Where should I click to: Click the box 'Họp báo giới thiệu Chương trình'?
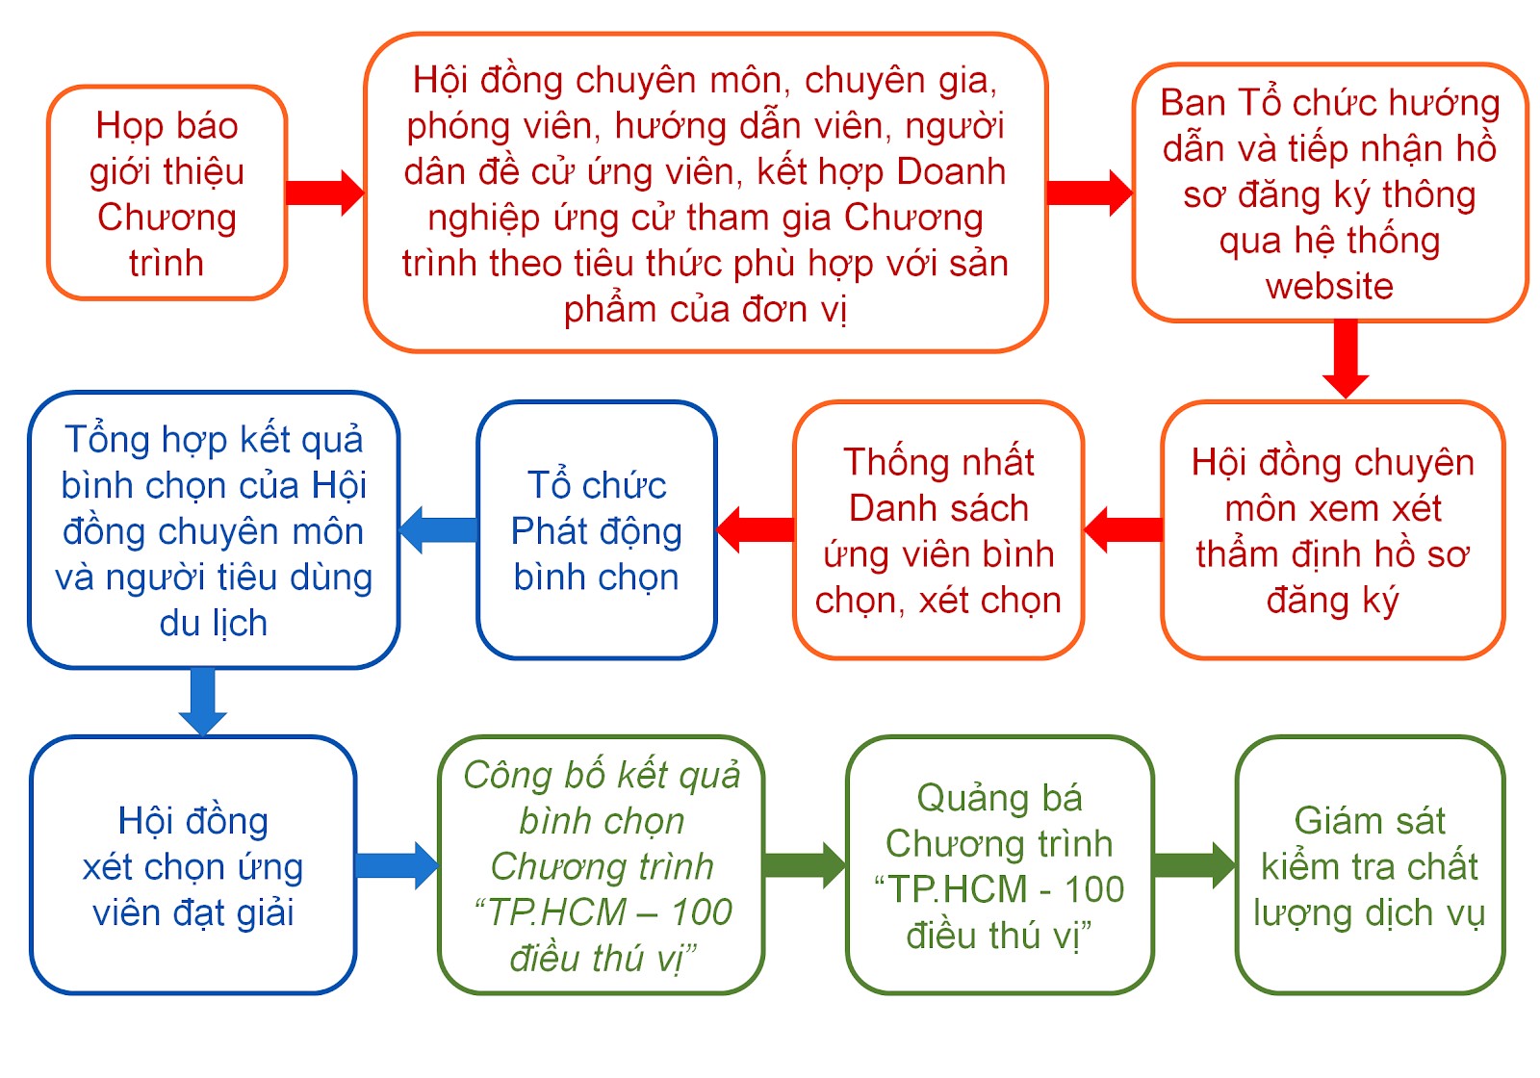(167, 192)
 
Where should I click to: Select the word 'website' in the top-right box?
(1329, 286)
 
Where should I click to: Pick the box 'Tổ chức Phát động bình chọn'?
(597, 530)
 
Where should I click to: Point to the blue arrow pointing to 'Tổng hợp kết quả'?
(438, 529)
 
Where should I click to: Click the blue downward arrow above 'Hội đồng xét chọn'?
(203, 702)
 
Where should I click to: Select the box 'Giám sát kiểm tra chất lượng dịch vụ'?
(1370, 865)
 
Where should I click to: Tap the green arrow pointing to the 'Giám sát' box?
(1194, 865)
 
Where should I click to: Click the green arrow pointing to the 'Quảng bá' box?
(805, 865)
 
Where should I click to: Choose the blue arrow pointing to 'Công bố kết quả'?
(398, 865)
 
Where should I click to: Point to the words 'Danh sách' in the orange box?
(938, 509)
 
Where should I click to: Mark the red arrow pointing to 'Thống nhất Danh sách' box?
(1122, 529)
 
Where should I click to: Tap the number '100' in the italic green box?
(702, 912)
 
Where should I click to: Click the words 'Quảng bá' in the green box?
(1000, 798)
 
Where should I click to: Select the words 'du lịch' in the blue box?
(213, 623)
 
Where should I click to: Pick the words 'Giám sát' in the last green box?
(1370, 820)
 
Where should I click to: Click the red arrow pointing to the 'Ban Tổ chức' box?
(1090, 193)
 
